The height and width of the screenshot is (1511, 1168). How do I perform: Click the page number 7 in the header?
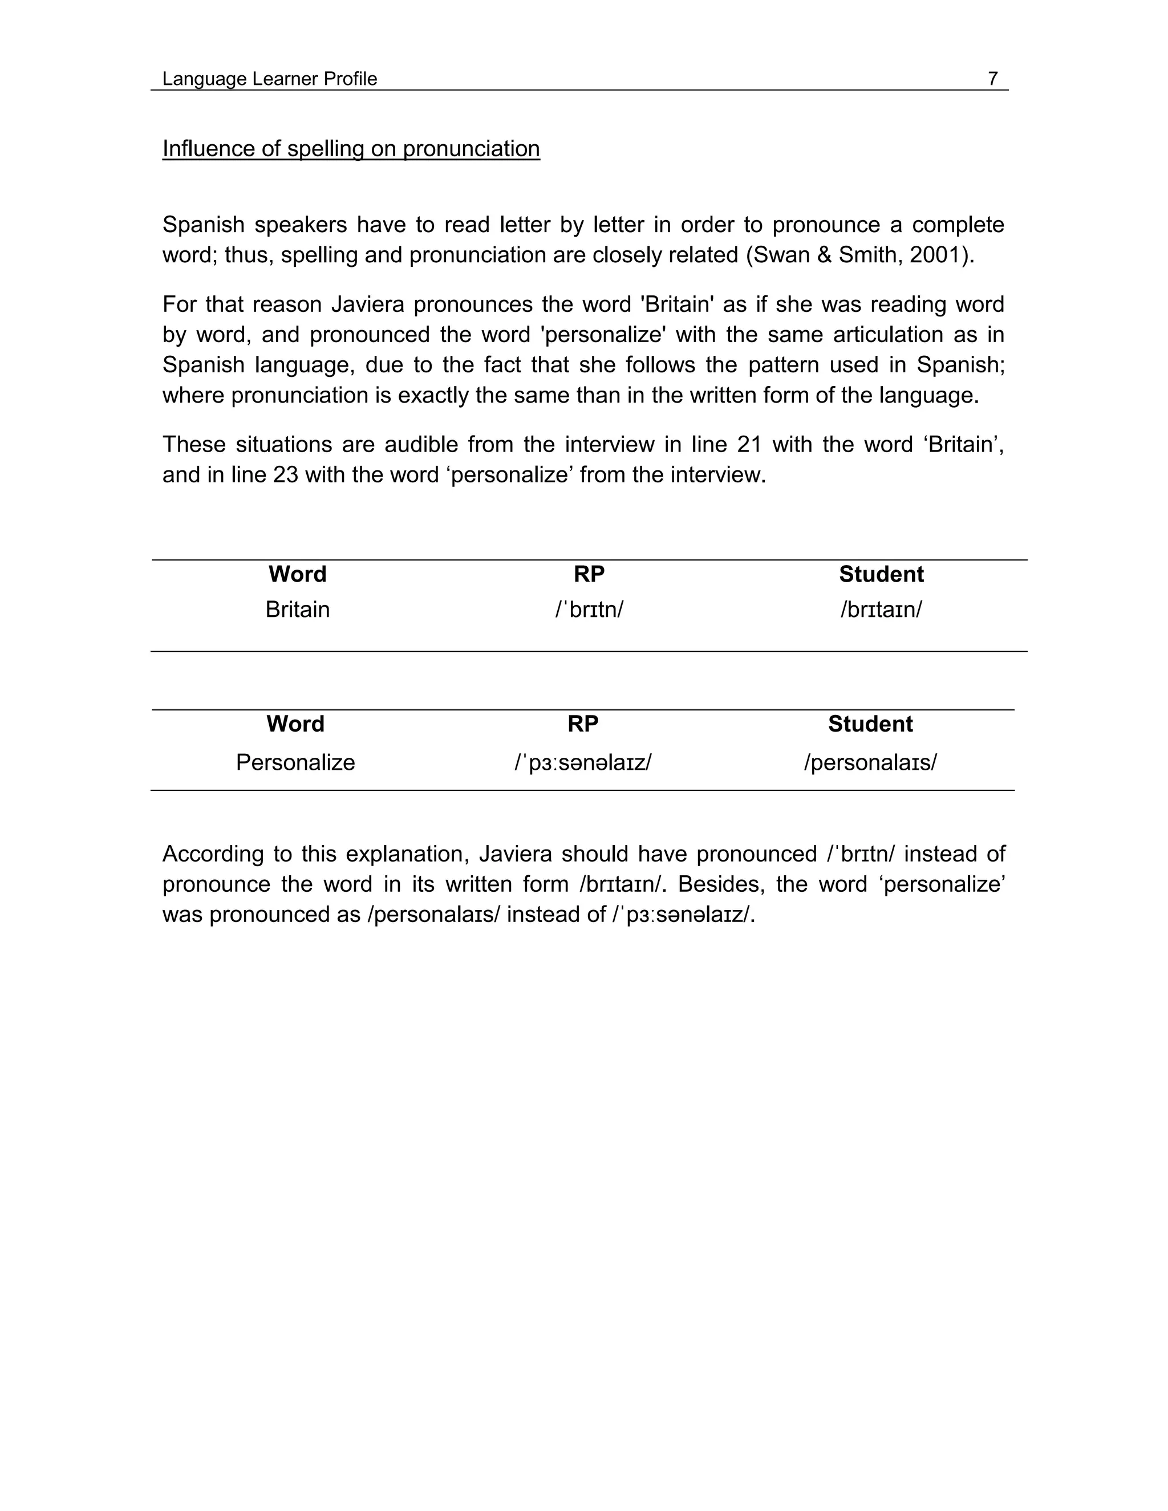[x=992, y=79]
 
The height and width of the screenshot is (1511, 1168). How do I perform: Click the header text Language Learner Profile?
[x=269, y=79]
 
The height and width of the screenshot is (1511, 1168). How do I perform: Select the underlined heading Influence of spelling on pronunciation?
[x=351, y=149]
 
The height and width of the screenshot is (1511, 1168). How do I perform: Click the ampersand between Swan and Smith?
[x=824, y=255]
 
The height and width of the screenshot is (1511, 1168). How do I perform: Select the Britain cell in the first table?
[x=298, y=610]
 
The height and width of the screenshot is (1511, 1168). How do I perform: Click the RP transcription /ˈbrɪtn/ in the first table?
[x=589, y=610]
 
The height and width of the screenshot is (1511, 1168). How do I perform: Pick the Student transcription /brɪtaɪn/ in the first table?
[x=881, y=610]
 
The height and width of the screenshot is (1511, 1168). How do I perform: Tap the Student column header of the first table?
[x=881, y=574]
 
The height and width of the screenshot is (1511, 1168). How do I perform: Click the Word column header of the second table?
[x=295, y=724]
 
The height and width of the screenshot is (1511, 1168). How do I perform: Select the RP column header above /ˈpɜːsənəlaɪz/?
[x=583, y=724]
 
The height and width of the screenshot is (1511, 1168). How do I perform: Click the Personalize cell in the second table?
[x=295, y=762]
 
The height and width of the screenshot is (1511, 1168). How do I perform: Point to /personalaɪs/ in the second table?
[x=870, y=762]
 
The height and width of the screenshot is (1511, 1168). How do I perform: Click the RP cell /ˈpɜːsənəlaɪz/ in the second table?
[x=583, y=762]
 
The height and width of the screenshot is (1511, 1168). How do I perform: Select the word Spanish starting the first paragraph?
[x=204, y=225]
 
